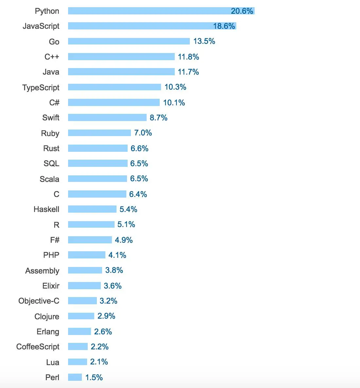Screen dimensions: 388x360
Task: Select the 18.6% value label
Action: tap(224, 26)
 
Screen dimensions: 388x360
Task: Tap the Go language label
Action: tap(54, 42)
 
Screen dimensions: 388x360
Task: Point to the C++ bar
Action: tap(121, 57)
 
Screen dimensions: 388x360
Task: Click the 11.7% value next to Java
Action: tap(188, 72)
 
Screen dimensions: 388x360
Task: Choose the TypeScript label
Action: tap(41, 87)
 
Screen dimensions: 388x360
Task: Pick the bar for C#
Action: tap(114, 102)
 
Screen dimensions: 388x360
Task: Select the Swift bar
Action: tap(107, 117)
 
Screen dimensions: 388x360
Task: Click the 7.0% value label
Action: tap(143, 133)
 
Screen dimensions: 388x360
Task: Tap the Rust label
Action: tap(51, 148)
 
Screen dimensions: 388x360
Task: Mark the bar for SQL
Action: tap(98, 163)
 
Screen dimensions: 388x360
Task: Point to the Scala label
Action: tap(49, 179)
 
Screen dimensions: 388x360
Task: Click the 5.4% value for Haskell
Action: tap(128, 209)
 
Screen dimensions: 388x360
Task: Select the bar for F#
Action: tap(90, 240)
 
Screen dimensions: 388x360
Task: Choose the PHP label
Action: tap(51, 255)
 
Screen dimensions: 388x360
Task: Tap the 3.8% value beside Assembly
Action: tap(114, 270)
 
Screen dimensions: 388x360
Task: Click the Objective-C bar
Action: tap(82, 301)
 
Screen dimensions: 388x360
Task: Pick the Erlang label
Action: tap(48, 331)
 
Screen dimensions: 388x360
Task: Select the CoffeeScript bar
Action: tap(78, 346)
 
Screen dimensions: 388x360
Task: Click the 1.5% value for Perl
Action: tap(94, 378)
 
